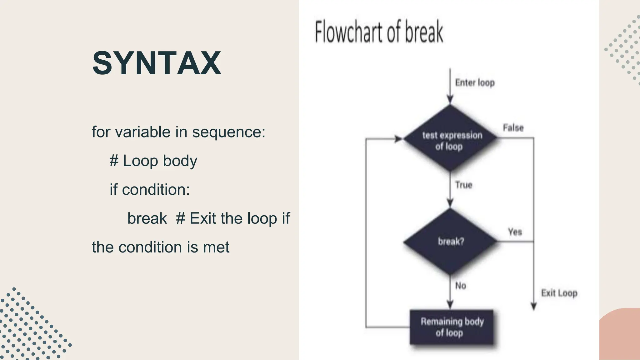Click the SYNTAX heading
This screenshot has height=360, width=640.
(157, 63)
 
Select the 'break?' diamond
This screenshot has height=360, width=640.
(450, 242)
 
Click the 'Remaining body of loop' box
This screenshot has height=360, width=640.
(452, 327)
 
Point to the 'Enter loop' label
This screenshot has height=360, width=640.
(475, 83)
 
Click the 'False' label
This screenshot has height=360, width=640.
(513, 128)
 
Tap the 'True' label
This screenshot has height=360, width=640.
(463, 185)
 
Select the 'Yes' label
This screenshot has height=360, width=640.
(515, 232)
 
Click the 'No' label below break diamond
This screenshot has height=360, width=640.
(461, 286)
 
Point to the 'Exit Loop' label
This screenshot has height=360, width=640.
(559, 293)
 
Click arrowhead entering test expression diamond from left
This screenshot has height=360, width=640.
(398, 139)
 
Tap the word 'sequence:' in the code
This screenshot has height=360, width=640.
(228, 132)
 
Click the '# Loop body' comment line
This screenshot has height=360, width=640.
(153, 161)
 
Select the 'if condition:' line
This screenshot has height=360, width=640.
(150, 190)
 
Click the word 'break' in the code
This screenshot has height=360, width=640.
(147, 218)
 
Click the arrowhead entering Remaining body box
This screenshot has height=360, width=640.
(450, 305)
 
